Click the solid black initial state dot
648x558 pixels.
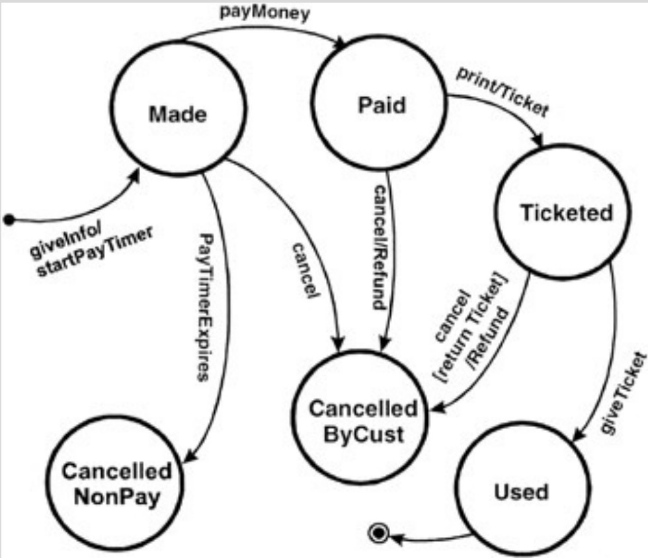(x=9, y=219)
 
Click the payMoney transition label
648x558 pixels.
(x=265, y=12)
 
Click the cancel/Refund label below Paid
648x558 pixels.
(x=380, y=247)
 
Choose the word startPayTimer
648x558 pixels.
(x=95, y=252)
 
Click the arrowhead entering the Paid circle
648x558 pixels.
(x=341, y=42)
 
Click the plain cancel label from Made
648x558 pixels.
(x=305, y=270)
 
